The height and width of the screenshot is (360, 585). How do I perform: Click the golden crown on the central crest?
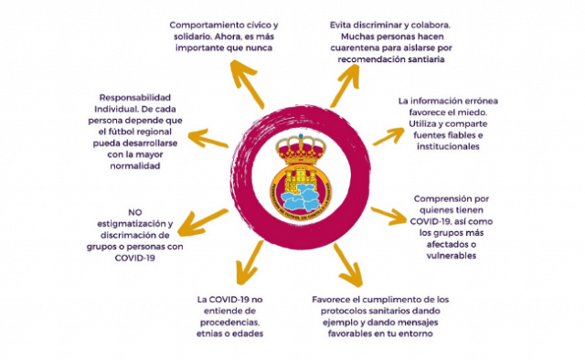(301, 150)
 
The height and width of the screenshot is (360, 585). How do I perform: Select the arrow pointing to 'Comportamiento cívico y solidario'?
(246, 83)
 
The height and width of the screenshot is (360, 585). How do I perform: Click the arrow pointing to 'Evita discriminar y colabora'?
(345, 85)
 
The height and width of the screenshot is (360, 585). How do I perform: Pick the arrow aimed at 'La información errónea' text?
(388, 136)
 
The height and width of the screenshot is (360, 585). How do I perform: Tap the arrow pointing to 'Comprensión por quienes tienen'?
(388, 216)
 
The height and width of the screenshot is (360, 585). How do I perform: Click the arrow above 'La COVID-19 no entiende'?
(250, 262)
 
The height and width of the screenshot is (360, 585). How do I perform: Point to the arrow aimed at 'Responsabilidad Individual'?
(208, 138)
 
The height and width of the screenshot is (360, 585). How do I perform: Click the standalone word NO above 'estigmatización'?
(135, 212)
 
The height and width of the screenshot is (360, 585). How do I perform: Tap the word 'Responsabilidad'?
(135, 98)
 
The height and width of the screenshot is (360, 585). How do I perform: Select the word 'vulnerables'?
(452, 256)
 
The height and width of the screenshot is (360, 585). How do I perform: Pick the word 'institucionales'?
(448, 146)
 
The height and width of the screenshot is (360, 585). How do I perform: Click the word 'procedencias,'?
(229, 323)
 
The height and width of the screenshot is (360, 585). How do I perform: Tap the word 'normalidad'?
(135, 166)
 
